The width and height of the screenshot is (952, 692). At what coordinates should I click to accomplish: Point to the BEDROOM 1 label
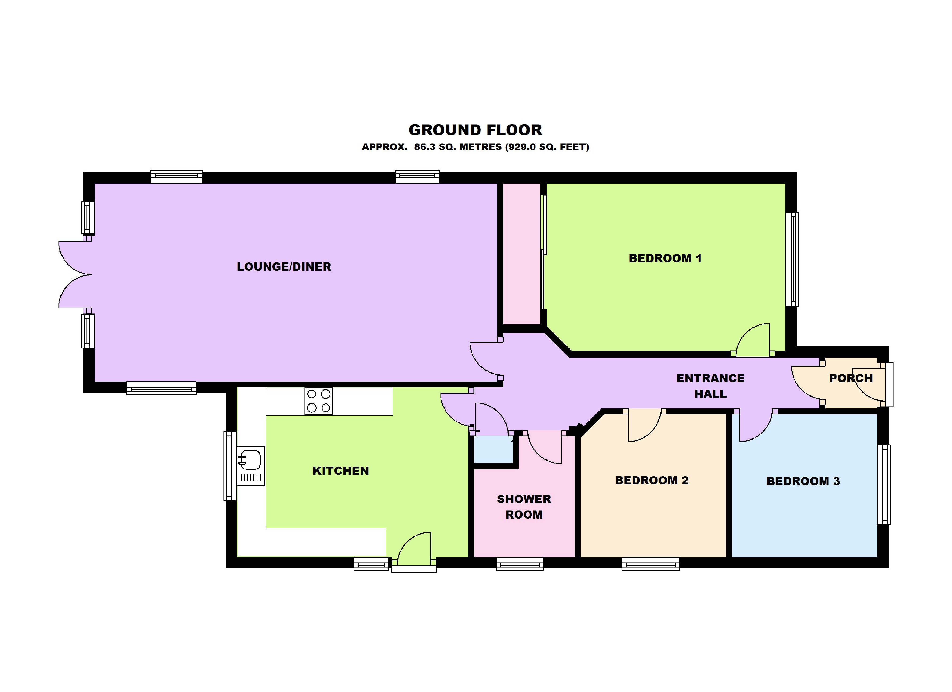[665, 258]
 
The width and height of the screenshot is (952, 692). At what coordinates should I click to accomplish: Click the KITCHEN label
[340, 471]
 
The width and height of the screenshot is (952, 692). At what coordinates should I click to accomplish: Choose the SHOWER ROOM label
[524, 507]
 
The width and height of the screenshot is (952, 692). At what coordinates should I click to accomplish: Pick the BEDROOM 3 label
[803, 481]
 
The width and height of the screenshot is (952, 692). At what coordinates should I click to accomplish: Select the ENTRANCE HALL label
[710, 386]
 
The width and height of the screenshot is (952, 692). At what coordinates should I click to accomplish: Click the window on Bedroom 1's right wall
[792, 259]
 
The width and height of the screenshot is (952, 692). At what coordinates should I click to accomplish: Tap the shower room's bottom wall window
[520, 564]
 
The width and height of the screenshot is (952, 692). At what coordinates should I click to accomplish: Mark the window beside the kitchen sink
[230, 466]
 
